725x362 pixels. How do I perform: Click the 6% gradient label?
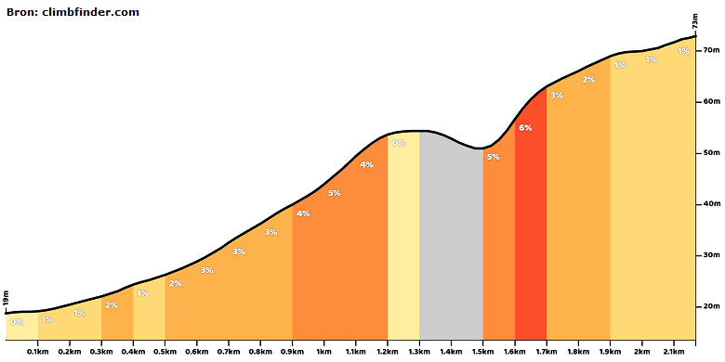click(x=525, y=128)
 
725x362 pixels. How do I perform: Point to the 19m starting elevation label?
click(x=6, y=299)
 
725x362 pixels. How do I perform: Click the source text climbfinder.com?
click(x=91, y=12)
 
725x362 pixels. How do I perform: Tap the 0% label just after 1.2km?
click(x=399, y=143)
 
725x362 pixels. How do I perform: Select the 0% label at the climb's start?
click(x=17, y=322)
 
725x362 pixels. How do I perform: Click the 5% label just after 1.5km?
click(x=493, y=157)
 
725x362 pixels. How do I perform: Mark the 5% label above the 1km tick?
click(x=335, y=193)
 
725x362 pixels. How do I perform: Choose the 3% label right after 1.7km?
click(x=556, y=96)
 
